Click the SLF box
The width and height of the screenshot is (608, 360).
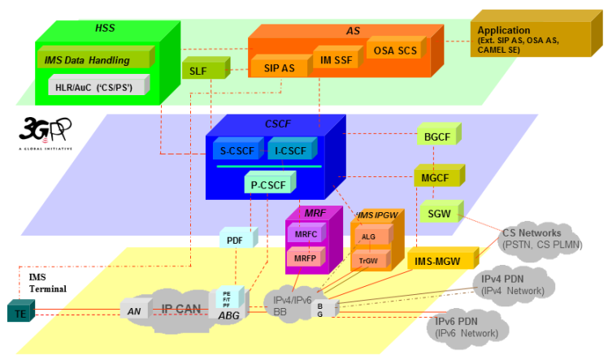click(x=198, y=71)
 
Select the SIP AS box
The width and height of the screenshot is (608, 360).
click(x=279, y=68)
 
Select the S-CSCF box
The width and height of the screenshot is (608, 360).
click(x=237, y=150)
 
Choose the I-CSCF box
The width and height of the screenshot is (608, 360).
click(x=290, y=150)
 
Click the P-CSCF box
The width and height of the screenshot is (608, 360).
click(x=267, y=185)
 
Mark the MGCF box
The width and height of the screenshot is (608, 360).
click(x=437, y=177)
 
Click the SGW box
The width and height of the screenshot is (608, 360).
click(x=437, y=214)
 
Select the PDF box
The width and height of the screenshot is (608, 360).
click(x=236, y=241)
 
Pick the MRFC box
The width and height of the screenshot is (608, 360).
click(x=306, y=234)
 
